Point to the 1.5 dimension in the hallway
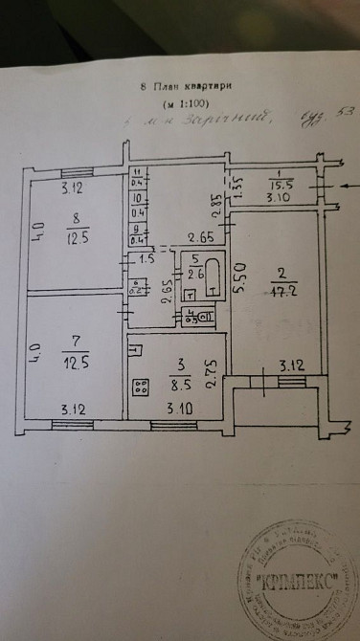click(146, 259)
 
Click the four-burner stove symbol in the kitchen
click(142, 389)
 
